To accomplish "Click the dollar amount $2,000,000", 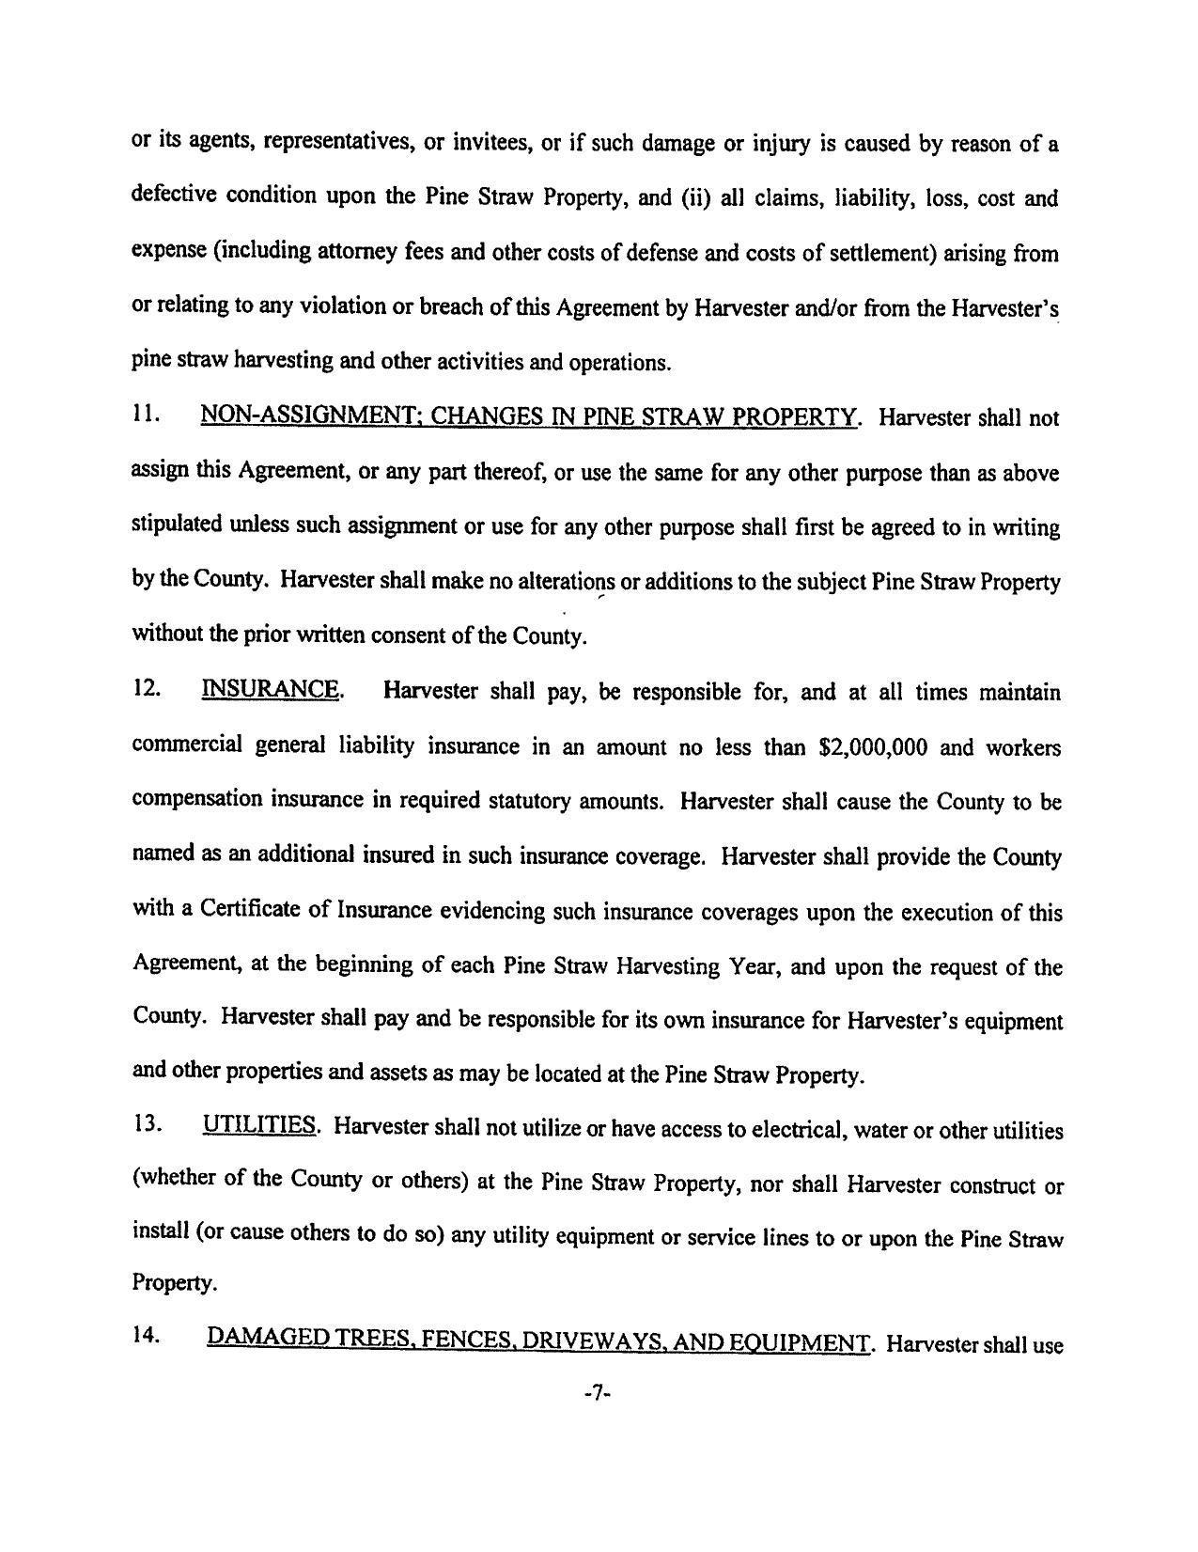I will pyautogui.click(x=874, y=747).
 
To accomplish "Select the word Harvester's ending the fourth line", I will pyautogui.click(x=1004, y=308).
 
